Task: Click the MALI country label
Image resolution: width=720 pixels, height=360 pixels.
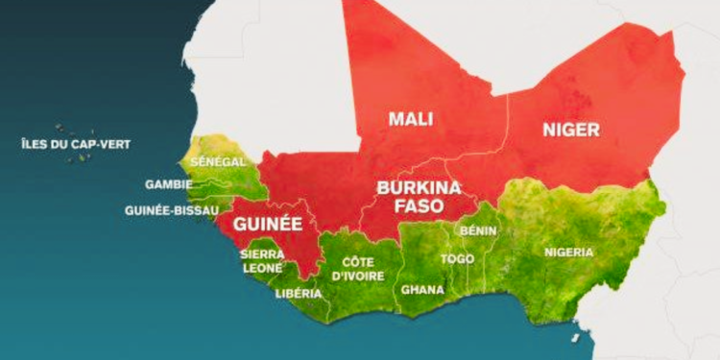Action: click(x=410, y=119)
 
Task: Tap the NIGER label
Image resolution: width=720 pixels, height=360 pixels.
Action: click(x=570, y=129)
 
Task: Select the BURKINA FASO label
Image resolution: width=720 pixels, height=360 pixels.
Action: click(x=419, y=195)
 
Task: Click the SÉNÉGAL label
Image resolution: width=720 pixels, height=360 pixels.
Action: click(x=218, y=162)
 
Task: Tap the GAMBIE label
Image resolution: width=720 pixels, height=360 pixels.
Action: click(x=169, y=184)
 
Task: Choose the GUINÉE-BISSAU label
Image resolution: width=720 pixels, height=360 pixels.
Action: click(x=172, y=209)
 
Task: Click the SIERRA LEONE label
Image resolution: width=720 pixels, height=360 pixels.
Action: click(x=262, y=261)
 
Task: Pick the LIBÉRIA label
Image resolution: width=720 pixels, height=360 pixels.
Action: click(x=292, y=293)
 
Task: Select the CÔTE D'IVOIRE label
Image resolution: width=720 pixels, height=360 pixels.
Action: click(x=358, y=269)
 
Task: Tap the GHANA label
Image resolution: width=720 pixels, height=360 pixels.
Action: click(x=422, y=288)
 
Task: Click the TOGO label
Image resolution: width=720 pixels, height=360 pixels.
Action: click(x=457, y=259)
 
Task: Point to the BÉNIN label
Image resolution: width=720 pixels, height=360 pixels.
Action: click(x=477, y=230)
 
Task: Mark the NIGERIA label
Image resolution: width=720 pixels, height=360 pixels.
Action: click(x=569, y=252)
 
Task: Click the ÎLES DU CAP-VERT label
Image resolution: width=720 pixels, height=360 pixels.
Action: click(x=76, y=144)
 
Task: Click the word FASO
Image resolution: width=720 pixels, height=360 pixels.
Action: click(x=419, y=204)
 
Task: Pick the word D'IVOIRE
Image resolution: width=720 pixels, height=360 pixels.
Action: click(x=358, y=276)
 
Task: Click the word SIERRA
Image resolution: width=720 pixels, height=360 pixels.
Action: click(x=262, y=254)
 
